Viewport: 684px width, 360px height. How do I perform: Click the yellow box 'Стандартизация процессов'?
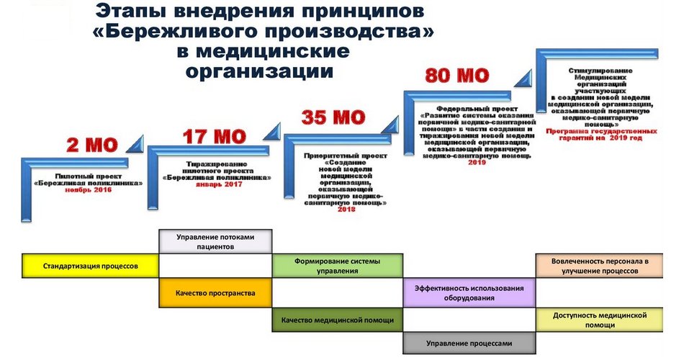click(90, 265)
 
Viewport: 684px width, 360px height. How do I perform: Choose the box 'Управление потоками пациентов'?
click(215, 240)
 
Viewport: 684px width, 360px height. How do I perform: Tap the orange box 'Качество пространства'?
click(215, 293)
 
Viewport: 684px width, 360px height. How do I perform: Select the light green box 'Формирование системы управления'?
click(337, 265)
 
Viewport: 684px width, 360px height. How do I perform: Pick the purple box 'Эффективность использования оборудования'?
click(469, 292)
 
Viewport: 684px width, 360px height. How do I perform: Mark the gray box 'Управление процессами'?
click(469, 343)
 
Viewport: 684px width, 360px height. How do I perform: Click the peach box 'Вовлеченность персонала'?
click(600, 265)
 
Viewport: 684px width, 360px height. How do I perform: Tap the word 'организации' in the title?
click(260, 71)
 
